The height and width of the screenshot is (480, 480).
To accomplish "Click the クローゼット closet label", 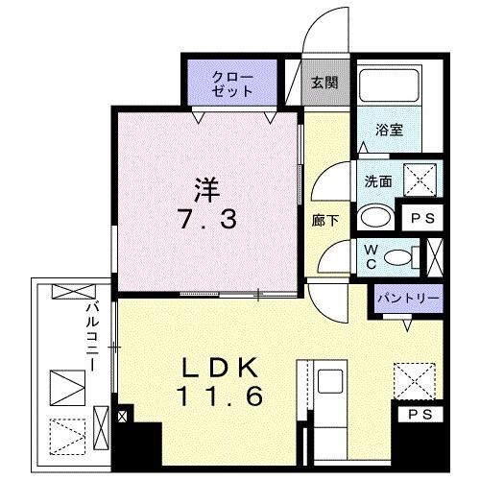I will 234,84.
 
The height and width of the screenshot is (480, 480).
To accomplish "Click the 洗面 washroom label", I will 375,179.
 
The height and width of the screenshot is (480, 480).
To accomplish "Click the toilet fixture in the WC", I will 412,256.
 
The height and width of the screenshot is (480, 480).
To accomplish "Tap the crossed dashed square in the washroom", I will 420,180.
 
